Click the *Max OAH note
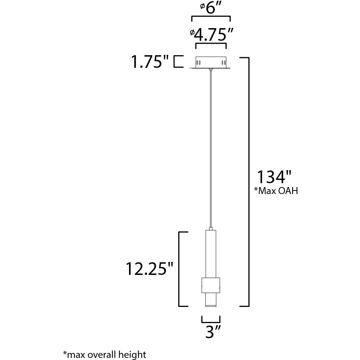[x=276, y=191]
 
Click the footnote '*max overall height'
[x=104, y=354]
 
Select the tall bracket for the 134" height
[x=246, y=181]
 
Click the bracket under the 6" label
[x=210, y=18]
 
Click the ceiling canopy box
[x=210, y=62]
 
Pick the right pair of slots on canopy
[x=223, y=63]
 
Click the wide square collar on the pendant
[x=211, y=285]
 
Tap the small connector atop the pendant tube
[x=211, y=229]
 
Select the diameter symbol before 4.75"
[x=192, y=32]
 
